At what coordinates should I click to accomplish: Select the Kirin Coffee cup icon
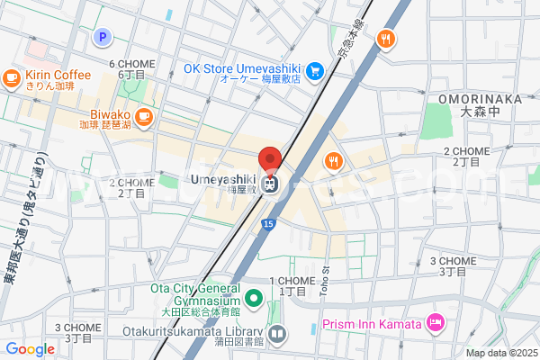[x=12, y=78]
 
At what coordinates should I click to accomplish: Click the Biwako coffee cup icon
[x=145, y=116]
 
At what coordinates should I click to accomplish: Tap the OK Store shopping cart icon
[x=314, y=70]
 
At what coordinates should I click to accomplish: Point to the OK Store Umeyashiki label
[x=240, y=67]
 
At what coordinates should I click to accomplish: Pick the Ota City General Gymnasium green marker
[x=255, y=297]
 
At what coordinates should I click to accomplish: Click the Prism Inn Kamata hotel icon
[x=436, y=322]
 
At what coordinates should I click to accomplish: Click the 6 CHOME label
[x=132, y=64]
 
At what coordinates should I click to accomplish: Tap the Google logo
[x=30, y=349]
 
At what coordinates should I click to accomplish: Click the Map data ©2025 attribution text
[x=501, y=353]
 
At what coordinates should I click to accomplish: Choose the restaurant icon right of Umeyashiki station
[x=333, y=161]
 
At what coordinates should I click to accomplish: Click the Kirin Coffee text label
[x=58, y=75]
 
